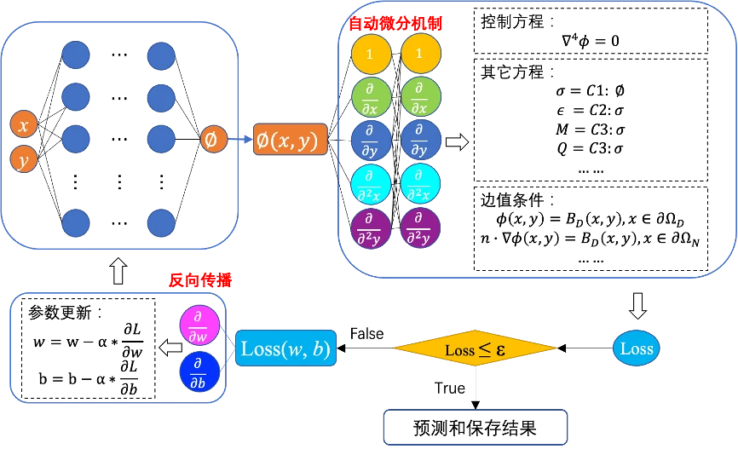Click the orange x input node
24,124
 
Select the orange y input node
24,159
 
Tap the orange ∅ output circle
212,139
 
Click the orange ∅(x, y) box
290,140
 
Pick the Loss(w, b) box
285,348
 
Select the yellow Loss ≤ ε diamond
474,348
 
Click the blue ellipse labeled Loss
636,348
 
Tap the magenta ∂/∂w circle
199,325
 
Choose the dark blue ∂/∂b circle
199,371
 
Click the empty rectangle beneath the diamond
476,427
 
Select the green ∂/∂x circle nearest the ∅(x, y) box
371,97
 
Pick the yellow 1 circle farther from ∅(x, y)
420,54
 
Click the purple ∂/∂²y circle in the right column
420,227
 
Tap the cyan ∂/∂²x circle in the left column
371,183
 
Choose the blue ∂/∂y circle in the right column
420,140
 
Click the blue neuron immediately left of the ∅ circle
160,137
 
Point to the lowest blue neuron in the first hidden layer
76,222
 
